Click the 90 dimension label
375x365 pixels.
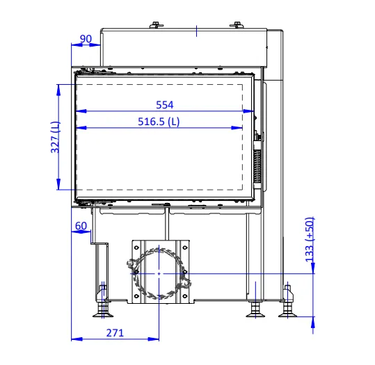tap(86, 38)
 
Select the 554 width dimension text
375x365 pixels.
tap(164, 105)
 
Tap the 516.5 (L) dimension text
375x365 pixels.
tap(159, 122)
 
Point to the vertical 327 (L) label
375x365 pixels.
tap(55, 137)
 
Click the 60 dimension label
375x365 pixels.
tap(81, 226)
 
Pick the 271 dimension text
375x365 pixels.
tap(115, 333)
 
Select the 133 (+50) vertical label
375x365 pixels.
tap(310, 240)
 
